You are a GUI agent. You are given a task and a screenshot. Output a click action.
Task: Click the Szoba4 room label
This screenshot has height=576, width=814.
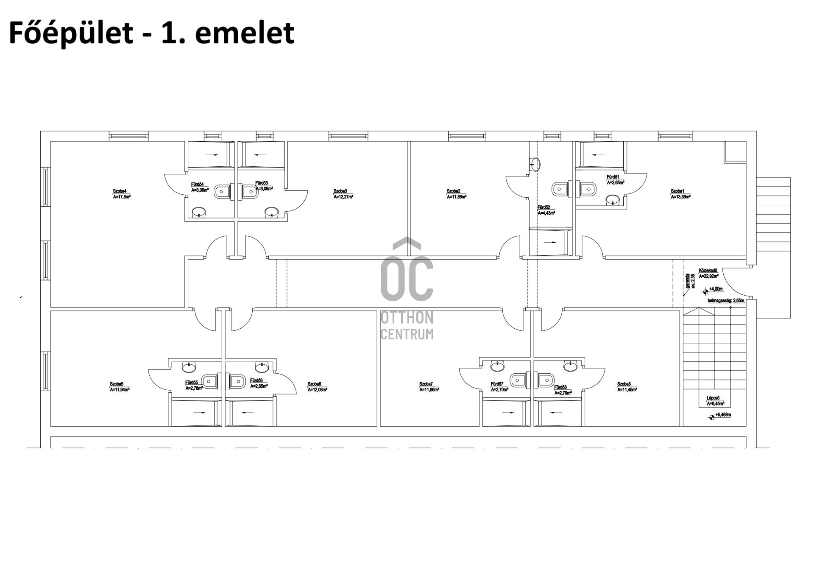120,191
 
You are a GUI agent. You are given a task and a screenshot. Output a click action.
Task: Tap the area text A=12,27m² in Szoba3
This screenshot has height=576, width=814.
343,197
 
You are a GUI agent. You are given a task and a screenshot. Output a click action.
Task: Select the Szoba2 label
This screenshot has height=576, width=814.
453,191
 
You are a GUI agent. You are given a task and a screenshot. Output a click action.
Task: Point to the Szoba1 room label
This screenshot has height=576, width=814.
677,191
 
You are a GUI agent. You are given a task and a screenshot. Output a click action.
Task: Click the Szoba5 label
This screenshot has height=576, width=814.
116,384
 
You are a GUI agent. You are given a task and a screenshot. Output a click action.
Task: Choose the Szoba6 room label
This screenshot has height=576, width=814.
314,384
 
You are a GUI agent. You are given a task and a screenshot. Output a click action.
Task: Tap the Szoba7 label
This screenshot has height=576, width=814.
426,384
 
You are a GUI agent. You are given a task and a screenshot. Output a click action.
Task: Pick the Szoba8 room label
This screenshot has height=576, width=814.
624,384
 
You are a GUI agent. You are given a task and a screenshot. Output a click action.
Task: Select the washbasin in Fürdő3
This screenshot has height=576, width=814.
271,212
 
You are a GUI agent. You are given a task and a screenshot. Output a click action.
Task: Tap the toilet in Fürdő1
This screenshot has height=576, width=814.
588,188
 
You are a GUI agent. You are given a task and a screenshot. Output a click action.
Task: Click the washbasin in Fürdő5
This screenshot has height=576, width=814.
189,366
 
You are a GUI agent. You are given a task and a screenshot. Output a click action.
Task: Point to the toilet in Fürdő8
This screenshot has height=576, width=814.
546,380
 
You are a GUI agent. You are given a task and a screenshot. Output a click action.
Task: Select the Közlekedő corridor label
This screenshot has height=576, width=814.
708,270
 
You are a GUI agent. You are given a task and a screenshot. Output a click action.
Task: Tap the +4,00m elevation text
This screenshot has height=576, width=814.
716,289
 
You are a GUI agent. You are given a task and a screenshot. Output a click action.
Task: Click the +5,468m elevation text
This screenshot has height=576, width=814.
723,415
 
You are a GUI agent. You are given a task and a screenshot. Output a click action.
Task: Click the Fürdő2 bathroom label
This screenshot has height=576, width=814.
544,207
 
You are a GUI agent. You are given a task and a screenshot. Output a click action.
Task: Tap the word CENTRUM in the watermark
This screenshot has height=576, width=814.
407,334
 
